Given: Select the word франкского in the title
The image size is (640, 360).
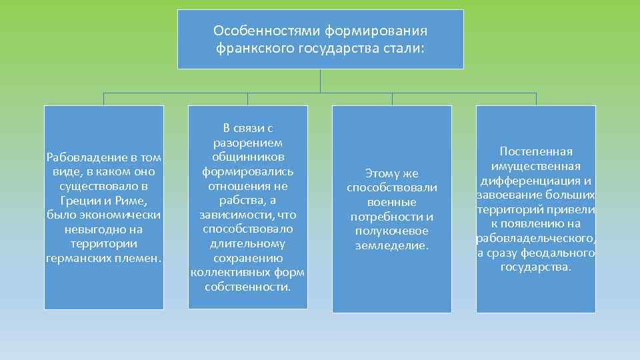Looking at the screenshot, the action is click(247, 48).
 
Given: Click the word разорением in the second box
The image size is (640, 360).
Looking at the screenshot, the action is click(247, 143).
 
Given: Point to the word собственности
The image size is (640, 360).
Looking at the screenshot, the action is click(247, 287).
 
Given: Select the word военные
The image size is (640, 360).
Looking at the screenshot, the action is click(392, 202).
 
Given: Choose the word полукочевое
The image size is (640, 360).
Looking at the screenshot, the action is click(392, 231).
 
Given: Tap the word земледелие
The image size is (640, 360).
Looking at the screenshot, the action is click(392, 245).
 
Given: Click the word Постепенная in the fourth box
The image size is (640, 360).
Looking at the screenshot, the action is click(536, 151).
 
